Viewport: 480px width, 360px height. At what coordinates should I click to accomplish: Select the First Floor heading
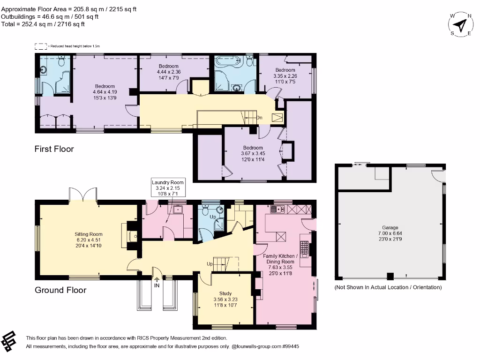(x=54, y=149)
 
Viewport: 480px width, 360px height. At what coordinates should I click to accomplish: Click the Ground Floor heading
(x=60, y=290)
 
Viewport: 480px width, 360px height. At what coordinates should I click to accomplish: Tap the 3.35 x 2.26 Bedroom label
(x=285, y=75)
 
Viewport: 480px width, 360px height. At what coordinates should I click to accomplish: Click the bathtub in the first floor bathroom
(x=227, y=60)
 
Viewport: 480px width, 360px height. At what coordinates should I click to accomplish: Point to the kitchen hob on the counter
(x=303, y=249)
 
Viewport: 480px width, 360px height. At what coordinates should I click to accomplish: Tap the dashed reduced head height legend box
(x=41, y=46)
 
